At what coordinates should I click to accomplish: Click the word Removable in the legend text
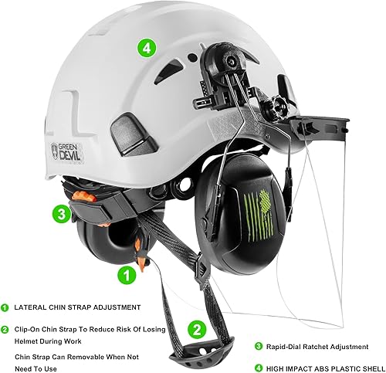coord(94,357)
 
